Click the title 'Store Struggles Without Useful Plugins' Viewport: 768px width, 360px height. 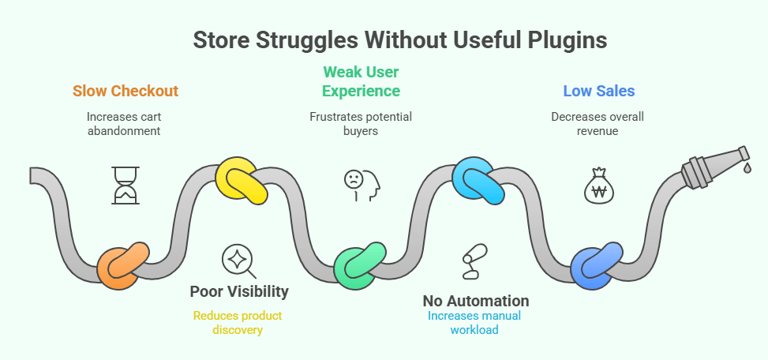pyautogui.click(x=384, y=39)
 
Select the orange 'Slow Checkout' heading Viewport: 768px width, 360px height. pyautogui.click(x=125, y=91)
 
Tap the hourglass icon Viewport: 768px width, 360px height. pyautogui.click(x=125, y=184)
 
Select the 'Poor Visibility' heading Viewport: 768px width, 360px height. pyautogui.click(x=239, y=291)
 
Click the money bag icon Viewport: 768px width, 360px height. pyautogui.click(x=598, y=185)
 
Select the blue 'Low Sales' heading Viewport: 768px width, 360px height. pyautogui.click(x=598, y=91)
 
